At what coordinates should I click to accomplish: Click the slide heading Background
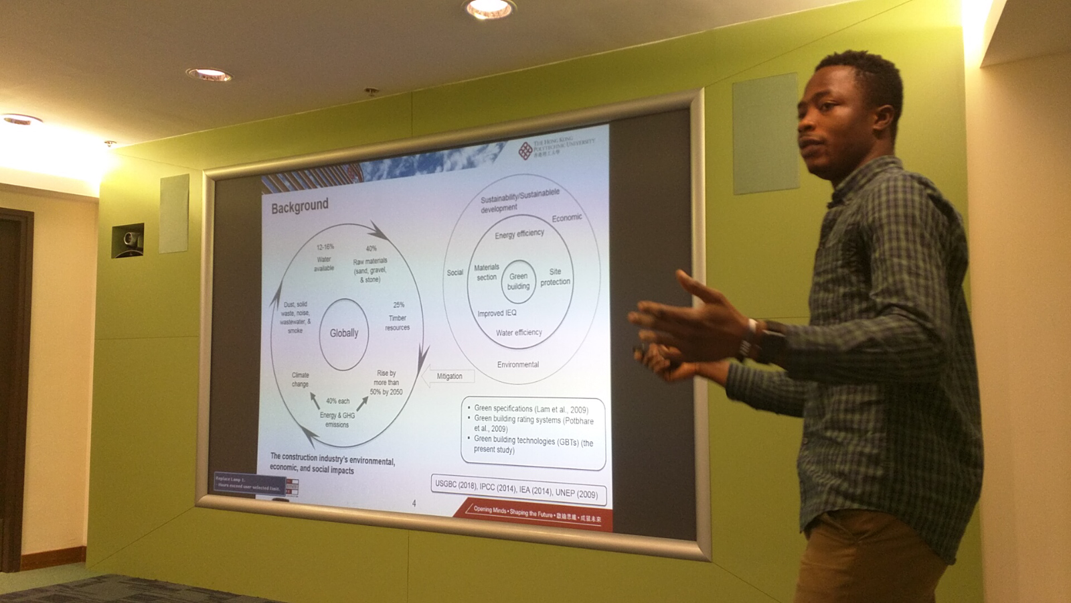[x=300, y=206]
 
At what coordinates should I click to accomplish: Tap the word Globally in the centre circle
[x=344, y=333]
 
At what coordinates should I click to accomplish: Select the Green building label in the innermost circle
[x=518, y=281]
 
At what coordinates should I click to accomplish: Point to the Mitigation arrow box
[x=449, y=377]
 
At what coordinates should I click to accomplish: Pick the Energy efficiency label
[x=519, y=234]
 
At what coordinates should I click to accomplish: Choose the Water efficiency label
[x=519, y=332]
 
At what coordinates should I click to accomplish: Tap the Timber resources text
[x=398, y=322]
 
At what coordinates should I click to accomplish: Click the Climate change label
[x=301, y=379]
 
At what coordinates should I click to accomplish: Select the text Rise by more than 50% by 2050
[x=386, y=383]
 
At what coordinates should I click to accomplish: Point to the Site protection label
[x=555, y=277]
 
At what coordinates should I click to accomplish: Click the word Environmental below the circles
[x=517, y=364]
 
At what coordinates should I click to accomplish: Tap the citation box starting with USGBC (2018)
[x=517, y=488]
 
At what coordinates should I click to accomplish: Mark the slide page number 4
[x=414, y=503]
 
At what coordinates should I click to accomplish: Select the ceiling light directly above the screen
[x=489, y=8]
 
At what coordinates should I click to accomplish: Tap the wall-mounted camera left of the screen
[x=129, y=239]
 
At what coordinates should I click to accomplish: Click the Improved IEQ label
[x=497, y=314]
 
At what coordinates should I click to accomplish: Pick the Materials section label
[x=487, y=272]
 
